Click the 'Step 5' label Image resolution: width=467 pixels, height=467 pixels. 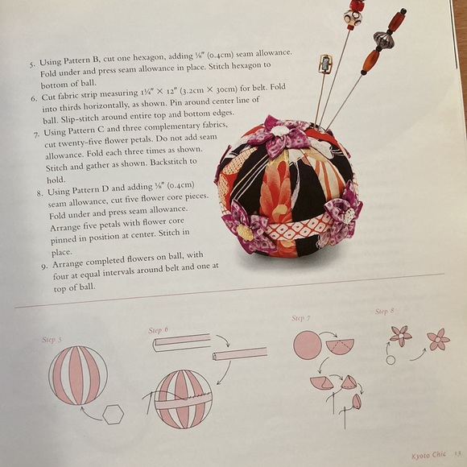[52, 340]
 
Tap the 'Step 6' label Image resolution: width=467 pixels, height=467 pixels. [158, 330]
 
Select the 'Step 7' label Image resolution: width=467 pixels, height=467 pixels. [301, 319]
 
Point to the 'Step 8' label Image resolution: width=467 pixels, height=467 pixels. [384, 311]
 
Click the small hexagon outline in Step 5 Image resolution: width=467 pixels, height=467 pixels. [114, 414]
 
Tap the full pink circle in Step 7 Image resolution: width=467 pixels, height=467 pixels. [308, 345]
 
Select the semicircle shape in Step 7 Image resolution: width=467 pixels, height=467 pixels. [340, 346]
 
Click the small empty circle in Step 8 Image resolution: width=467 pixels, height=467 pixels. [391, 360]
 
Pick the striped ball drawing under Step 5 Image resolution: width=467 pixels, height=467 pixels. [78, 375]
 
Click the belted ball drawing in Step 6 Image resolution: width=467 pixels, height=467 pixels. [183, 399]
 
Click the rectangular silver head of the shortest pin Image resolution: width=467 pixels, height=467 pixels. [324, 64]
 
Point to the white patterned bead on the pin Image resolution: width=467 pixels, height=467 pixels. [353, 17]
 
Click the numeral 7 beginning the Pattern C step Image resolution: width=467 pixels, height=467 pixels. [37, 131]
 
